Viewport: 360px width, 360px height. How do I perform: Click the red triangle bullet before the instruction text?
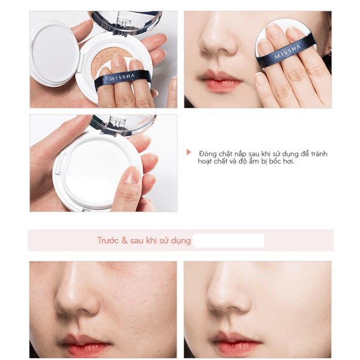tap(189, 153)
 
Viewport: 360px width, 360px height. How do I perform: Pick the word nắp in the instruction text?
tap(244, 153)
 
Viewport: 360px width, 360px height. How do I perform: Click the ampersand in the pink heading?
tap(124, 241)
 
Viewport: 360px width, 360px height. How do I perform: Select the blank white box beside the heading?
tap(228, 240)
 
